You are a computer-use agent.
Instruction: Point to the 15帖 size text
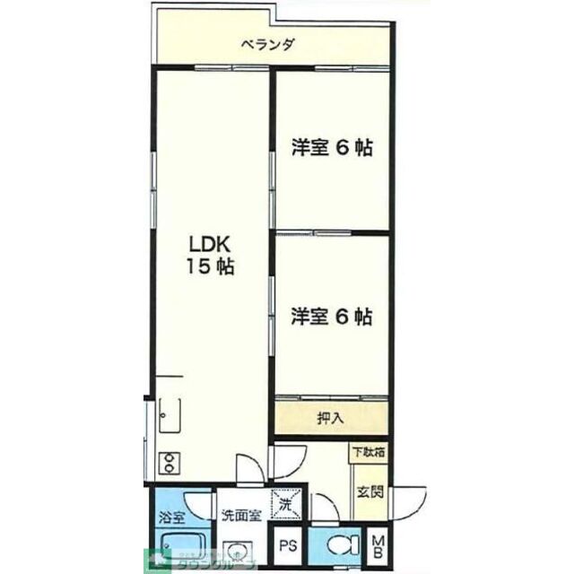[x=211, y=266]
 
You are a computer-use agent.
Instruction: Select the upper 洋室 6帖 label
[x=331, y=149]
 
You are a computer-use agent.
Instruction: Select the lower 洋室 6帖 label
[x=331, y=316]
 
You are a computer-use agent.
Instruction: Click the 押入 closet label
[x=330, y=417]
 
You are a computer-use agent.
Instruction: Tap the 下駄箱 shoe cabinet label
[x=368, y=454]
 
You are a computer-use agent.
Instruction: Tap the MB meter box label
[x=378, y=546]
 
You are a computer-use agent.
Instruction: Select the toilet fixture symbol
[x=341, y=544]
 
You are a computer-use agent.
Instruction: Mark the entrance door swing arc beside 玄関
[x=411, y=504]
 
